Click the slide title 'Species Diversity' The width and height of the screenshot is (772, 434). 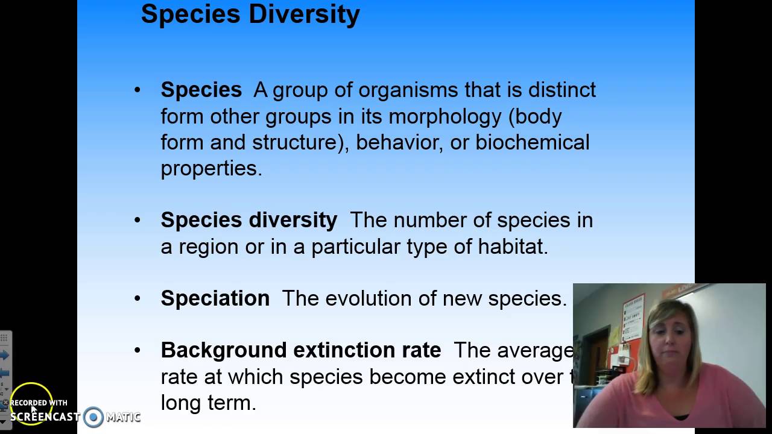(250, 14)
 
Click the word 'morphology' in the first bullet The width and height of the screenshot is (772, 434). (445, 116)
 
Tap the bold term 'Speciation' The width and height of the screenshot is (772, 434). (215, 298)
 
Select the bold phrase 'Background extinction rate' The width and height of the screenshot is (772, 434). (301, 350)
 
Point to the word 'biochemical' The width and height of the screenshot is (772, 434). (533, 142)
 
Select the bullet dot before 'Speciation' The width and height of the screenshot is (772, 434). (138, 298)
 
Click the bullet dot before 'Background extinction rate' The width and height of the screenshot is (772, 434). (138, 350)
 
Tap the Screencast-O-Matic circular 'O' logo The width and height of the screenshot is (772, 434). (93, 417)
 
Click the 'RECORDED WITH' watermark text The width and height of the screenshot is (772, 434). (39, 403)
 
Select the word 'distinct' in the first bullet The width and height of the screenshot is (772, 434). (562, 90)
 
